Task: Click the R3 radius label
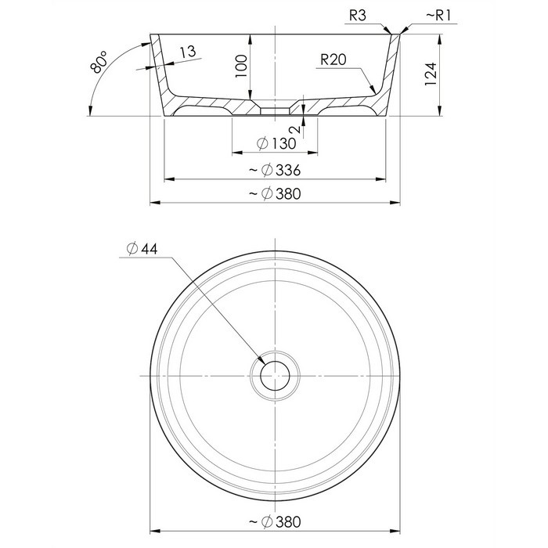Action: click(358, 16)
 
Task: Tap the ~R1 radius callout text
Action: click(439, 16)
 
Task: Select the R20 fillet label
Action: click(333, 59)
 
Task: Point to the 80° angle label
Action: click(99, 62)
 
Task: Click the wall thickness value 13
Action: click(188, 52)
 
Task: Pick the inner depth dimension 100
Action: click(241, 67)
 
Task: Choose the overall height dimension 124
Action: click(431, 74)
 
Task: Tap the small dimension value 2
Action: click(295, 130)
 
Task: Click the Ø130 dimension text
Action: click(276, 143)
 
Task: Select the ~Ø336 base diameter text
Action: click(275, 170)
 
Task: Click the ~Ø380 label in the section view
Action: click(275, 193)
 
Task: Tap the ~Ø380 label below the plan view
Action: click(275, 522)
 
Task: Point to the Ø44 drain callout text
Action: click(142, 249)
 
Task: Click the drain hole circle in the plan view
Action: click(275, 362)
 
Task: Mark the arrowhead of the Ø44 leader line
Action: click(261, 360)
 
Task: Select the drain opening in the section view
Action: click(275, 111)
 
